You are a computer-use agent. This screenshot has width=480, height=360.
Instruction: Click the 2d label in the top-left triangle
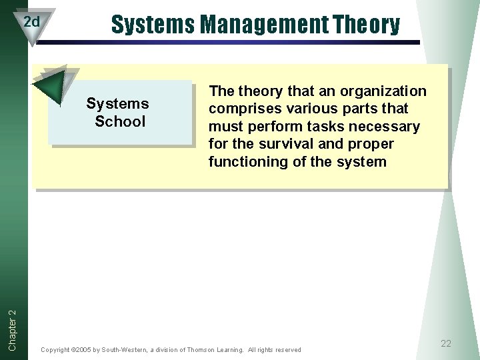pyautogui.click(x=31, y=22)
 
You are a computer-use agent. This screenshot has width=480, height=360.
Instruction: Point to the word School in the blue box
pyautogui.click(x=120, y=121)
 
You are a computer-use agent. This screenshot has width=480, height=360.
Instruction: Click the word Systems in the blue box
pyautogui.click(x=117, y=104)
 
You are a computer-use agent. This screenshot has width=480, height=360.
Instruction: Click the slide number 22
pyautogui.click(x=446, y=343)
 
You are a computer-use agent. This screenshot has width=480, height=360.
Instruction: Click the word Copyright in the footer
pyautogui.click(x=55, y=350)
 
